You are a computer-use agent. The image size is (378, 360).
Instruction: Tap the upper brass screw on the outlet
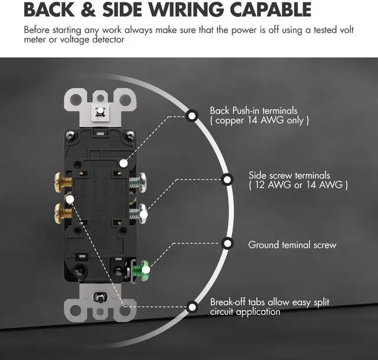61,178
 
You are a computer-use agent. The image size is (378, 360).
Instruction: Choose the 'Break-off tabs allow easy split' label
269,302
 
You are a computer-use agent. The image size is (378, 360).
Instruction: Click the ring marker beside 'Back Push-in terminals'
192,115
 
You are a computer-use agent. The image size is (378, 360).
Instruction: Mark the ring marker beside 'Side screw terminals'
227,179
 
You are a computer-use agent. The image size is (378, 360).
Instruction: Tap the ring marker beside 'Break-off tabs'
192,307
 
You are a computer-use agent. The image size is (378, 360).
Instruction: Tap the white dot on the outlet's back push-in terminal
123,163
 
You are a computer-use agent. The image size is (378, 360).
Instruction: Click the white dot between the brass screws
70,199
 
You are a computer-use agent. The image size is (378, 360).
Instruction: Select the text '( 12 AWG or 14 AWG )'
298,186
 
